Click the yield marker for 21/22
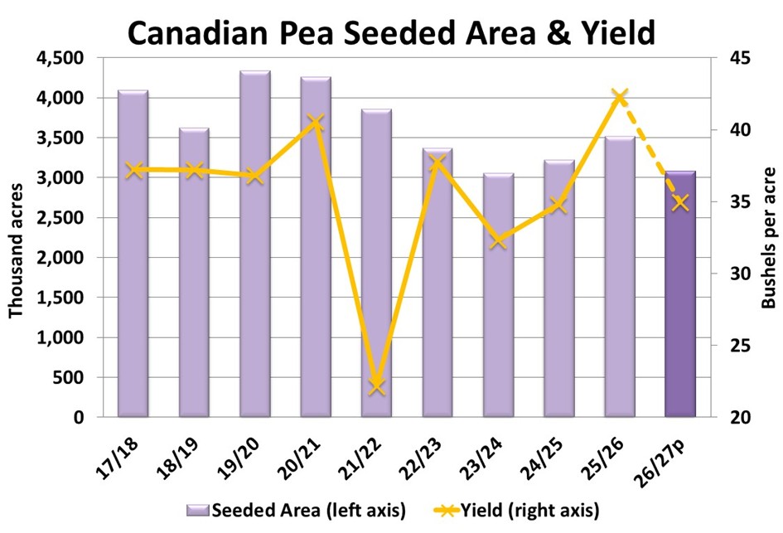coord(377,385)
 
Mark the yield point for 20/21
coord(316,124)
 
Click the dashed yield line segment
coord(650,150)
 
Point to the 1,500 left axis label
coord(65,298)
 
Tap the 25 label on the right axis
coord(740,346)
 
